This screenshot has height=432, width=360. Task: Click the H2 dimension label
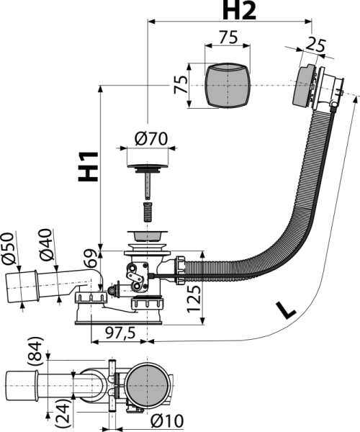(x=239, y=11)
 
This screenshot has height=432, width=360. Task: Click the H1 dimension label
(x=89, y=167)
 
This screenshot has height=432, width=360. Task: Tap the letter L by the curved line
(x=286, y=310)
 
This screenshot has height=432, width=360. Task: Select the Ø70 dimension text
(x=151, y=138)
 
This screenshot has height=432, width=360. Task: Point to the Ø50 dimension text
(x=8, y=248)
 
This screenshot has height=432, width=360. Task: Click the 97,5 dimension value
(x=120, y=333)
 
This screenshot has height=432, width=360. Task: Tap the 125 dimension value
(x=194, y=299)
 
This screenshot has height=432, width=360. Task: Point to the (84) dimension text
(x=35, y=351)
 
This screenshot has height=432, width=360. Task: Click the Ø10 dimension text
(x=167, y=421)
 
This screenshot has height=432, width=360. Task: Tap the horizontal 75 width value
(x=228, y=37)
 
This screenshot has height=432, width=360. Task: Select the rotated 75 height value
(x=181, y=84)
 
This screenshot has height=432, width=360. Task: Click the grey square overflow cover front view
(x=228, y=85)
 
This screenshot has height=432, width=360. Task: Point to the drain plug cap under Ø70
(x=148, y=166)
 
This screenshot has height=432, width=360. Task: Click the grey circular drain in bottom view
(x=147, y=385)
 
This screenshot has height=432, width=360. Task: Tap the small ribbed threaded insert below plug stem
(x=148, y=212)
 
